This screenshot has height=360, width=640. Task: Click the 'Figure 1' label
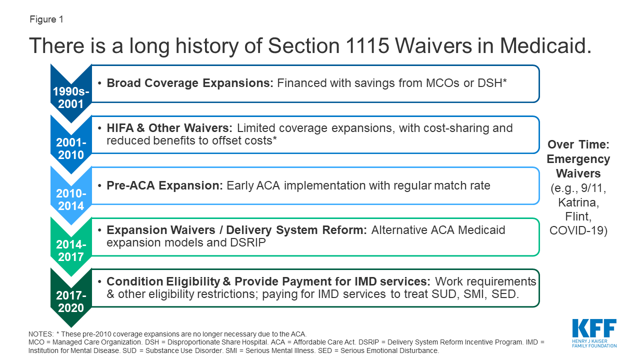[x=46, y=19]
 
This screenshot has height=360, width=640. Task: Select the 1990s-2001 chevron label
[x=71, y=97]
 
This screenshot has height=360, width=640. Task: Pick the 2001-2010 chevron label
[x=71, y=148]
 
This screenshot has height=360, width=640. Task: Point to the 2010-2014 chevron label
[x=71, y=199]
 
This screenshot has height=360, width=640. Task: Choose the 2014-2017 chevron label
[x=71, y=250]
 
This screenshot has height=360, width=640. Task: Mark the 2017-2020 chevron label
[x=71, y=301]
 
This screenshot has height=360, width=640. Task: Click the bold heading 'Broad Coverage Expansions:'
[x=190, y=83]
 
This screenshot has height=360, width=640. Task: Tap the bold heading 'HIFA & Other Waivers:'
[x=169, y=128]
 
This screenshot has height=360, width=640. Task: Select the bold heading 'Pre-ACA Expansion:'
[x=164, y=185]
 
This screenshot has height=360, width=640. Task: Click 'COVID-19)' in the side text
[x=578, y=230]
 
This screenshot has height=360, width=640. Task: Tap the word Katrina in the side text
[x=578, y=202]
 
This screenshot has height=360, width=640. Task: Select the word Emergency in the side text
[x=578, y=159]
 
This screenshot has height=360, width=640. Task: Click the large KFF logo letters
[x=594, y=328]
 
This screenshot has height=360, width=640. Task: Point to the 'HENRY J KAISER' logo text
[x=589, y=341]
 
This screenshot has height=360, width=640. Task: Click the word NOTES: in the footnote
[x=41, y=334]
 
